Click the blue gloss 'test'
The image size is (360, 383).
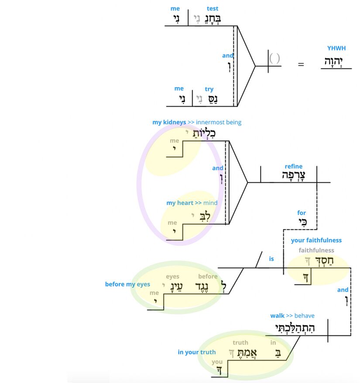(213, 8)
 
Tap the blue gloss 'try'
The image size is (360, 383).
(209, 89)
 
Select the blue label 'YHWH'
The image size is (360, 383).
(336, 48)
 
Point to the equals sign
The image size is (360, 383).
(301, 65)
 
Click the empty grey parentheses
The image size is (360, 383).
(274, 58)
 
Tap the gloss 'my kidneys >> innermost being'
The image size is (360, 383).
(196, 122)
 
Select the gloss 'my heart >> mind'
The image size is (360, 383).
(192, 203)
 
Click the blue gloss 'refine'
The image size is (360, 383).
(293, 166)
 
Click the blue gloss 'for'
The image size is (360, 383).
(302, 213)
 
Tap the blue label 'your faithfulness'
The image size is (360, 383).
(316, 240)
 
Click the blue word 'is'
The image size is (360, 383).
(271, 259)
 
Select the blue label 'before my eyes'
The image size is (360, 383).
(127, 284)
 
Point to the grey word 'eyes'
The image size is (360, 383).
(172, 277)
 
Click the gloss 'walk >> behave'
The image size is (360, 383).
(292, 316)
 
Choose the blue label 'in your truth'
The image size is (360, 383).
(196, 352)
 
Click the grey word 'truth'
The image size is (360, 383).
(240, 343)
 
